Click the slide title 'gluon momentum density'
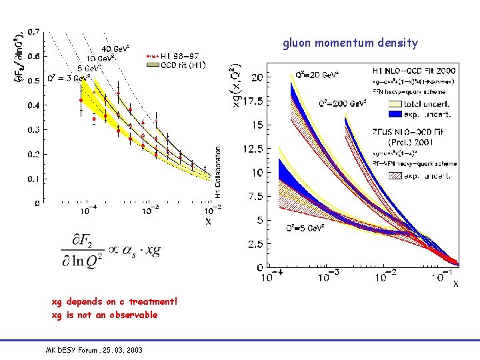351,43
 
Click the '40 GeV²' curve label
115,49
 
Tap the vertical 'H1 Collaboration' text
217,173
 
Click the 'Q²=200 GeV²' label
342,104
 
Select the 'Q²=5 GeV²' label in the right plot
305,227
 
